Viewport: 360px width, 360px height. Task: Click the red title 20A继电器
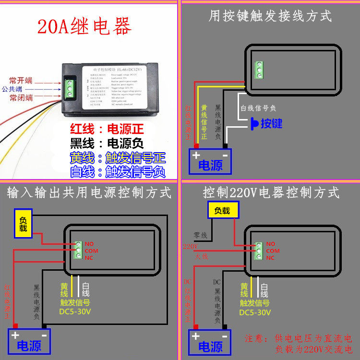(x=84, y=27)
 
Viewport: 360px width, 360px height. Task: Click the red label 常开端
(x=21, y=81)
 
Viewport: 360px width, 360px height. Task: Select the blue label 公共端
(x=12, y=89)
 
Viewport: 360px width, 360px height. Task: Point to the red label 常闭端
(x=21, y=98)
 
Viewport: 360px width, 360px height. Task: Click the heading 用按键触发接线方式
(x=270, y=16)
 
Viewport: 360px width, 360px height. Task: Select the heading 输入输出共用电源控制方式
(x=89, y=193)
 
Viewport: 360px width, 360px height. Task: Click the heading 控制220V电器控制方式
(x=271, y=193)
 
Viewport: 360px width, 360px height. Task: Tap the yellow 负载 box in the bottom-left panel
(x=24, y=223)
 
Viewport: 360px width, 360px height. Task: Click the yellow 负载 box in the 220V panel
(x=222, y=210)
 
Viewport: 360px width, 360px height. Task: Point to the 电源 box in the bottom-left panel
(x=29, y=341)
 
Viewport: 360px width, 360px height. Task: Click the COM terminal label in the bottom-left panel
(x=91, y=251)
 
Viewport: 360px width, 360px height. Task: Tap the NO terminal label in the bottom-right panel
(x=271, y=244)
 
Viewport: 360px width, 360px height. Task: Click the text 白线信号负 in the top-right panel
(x=258, y=109)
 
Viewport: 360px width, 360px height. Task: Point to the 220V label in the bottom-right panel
(x=190, y=247)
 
